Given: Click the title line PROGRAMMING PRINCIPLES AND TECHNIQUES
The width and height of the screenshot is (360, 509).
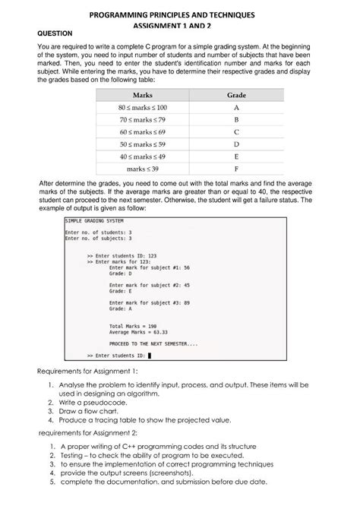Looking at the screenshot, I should point(179,15).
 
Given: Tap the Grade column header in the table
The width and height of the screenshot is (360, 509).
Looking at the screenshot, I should point(237,95).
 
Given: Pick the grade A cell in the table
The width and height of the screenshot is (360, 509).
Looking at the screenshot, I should point(237,108).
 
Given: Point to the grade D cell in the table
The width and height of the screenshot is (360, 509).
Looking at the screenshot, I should point(237,144).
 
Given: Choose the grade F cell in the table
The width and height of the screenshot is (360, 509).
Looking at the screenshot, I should point(237,169).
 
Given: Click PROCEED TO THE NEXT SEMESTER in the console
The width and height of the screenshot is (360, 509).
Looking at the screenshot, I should point(153,343).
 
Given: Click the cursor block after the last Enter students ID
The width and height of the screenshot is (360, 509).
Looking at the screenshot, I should point(150,355).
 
